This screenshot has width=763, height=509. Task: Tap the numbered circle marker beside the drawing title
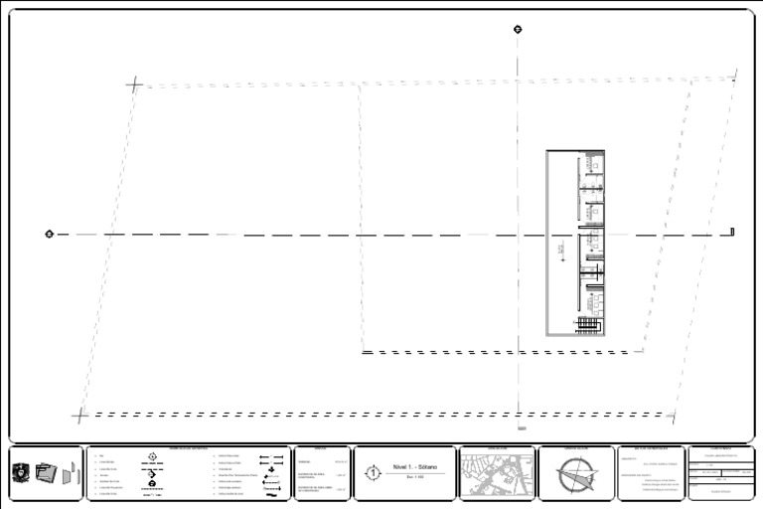pyautogui.click(x=373, y=473)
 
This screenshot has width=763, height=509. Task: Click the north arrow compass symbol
pyautogui.click(x=576, y=476)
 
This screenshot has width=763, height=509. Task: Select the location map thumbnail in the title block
pyautogui.click(x=496, y=475)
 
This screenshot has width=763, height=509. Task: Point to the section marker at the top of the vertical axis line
pyautogui.click(x=518, y=29)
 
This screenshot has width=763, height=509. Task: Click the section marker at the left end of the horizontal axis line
pyautogui.click(x=49, y=235)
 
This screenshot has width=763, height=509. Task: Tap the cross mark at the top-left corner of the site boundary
pyautogui.click(x=134, y=85)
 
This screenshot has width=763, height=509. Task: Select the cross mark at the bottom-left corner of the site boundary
pyautogui.click(x=79, y=416)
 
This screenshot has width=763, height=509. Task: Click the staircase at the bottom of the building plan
pyautogui.click(x=589, y=324)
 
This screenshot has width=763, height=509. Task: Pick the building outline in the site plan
pyautogui.click(x=575, y=244)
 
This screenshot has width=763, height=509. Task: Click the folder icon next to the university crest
pyautogui.click(x=46, y=473)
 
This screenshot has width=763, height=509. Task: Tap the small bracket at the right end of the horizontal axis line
pyautogui.click(x=732, y=233)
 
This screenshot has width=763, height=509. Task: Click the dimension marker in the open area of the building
pyautogui.click(x=560, y=247)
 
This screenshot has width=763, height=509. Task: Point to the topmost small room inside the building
pyautogui.click(x=593, y=162)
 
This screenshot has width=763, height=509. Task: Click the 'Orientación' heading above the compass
pyautogui.click(x=576, y=449)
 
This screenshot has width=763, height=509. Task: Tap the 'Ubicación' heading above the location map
pyautogui.click(x=496, y=449)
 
